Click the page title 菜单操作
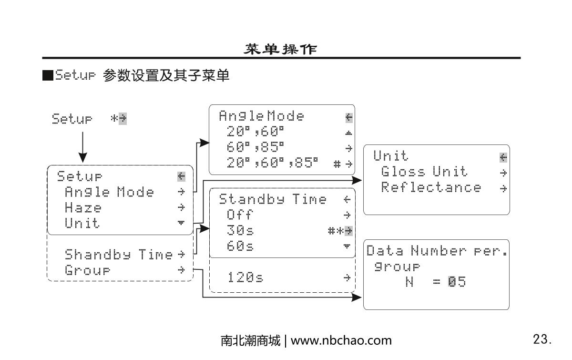tap(280, 49)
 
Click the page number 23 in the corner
tap(542, 339)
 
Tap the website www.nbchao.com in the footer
tap(341, 340)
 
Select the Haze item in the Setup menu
tap(83, 208)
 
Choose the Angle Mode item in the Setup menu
tap(109, 192)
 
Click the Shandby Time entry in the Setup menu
tap(118, 254)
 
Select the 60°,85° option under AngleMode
tap(255, 147)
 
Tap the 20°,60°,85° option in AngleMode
tap(272, 163)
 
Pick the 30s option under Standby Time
tap(241, 231)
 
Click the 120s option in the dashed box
tap(245, 278)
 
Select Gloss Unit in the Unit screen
tap(424, 172)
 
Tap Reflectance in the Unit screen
tap(431, 187)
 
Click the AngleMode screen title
tap(261, 116)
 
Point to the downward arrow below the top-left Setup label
tap(82, 148)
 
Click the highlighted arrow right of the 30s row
tap(348, 231)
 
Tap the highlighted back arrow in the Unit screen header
tap(503, 157)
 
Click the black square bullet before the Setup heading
tap(47, 75)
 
